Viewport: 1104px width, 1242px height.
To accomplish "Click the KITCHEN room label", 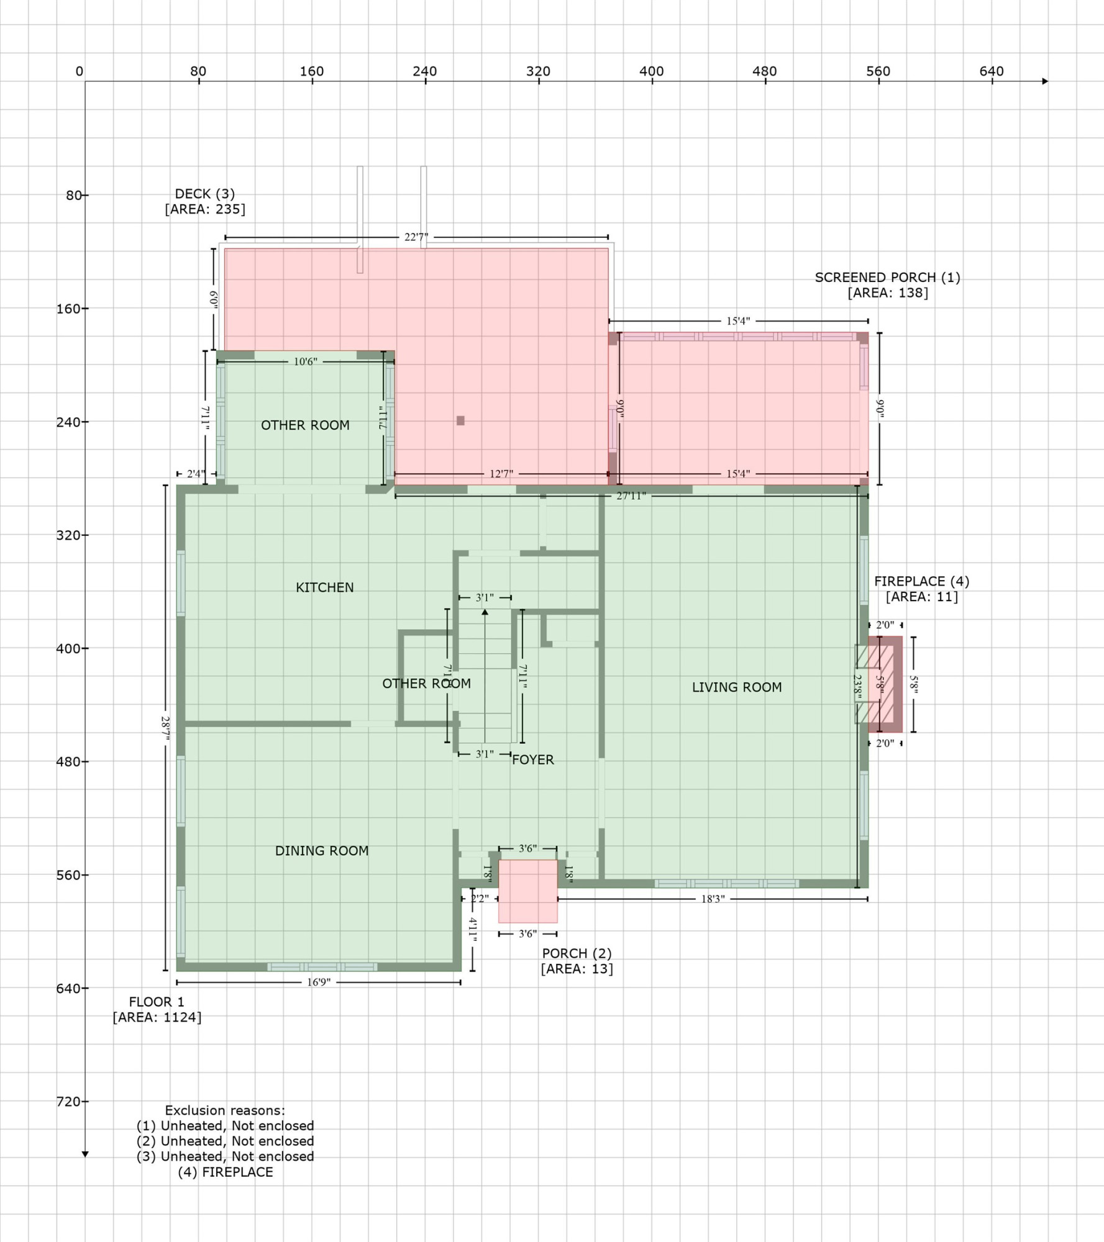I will (324, 587).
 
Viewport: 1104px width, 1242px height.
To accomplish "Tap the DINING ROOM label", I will (321, 850).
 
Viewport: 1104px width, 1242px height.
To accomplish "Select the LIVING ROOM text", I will (736, 687).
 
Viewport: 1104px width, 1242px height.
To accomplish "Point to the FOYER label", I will (532, 759).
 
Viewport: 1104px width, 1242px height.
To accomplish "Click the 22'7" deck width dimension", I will (416, 237).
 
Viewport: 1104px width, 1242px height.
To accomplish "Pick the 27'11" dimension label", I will (631, 496).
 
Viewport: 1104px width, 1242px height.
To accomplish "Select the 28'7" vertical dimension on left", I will (165, 727).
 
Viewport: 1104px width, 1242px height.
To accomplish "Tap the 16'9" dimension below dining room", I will (319, 982).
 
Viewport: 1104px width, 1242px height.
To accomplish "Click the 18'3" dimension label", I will (713, 899).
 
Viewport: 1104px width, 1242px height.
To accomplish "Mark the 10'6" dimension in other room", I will (305, 361).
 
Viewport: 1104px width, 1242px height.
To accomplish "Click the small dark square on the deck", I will (460, 420).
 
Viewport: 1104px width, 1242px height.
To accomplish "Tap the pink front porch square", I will (527, 891).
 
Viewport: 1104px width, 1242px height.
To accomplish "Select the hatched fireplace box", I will (884, 684).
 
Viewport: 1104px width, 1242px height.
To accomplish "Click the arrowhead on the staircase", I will (485, 612).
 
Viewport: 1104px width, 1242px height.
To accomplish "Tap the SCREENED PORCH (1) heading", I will (887, 277).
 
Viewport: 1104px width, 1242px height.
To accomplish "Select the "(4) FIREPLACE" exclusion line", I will (226, 1172).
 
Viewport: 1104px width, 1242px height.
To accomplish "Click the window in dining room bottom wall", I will (322, 967).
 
